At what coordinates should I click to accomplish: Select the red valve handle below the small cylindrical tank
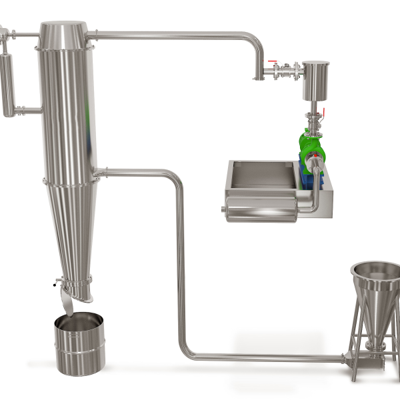[x=324, y=111]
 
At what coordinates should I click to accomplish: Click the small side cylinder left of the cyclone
[x=7, y=83]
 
